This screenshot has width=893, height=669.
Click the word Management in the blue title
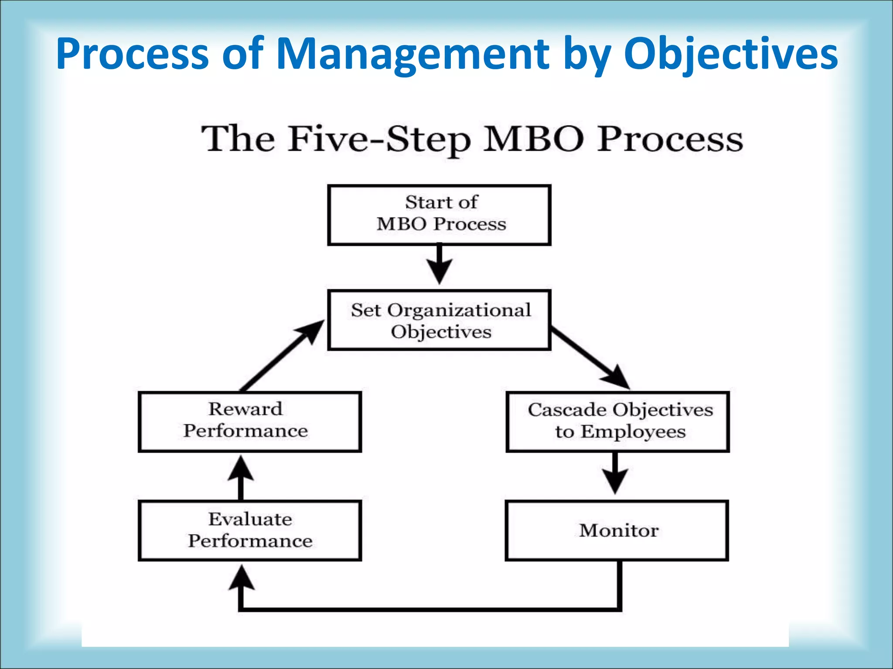(412, 54)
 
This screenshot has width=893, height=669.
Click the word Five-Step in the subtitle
(379, 139)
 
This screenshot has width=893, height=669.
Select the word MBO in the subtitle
(533, 139)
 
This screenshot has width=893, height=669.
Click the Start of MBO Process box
(439, 215)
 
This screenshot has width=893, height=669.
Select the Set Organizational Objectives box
(439, 320)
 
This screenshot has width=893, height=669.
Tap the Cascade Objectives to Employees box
(617, 422)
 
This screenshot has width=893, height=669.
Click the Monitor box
(617, 530)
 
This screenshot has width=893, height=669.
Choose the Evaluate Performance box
(250, 530)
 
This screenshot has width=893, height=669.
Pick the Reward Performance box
(250, 422)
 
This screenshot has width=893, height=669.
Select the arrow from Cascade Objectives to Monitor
(615, 473)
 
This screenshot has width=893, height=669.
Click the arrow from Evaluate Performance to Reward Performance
(241, 477)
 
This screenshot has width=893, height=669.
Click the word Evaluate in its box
(250, 519)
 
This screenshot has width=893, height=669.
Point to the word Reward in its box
(245, 409)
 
